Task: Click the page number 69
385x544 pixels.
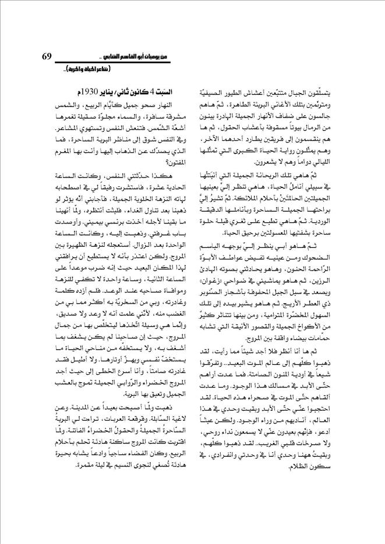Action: tap(47, 56)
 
